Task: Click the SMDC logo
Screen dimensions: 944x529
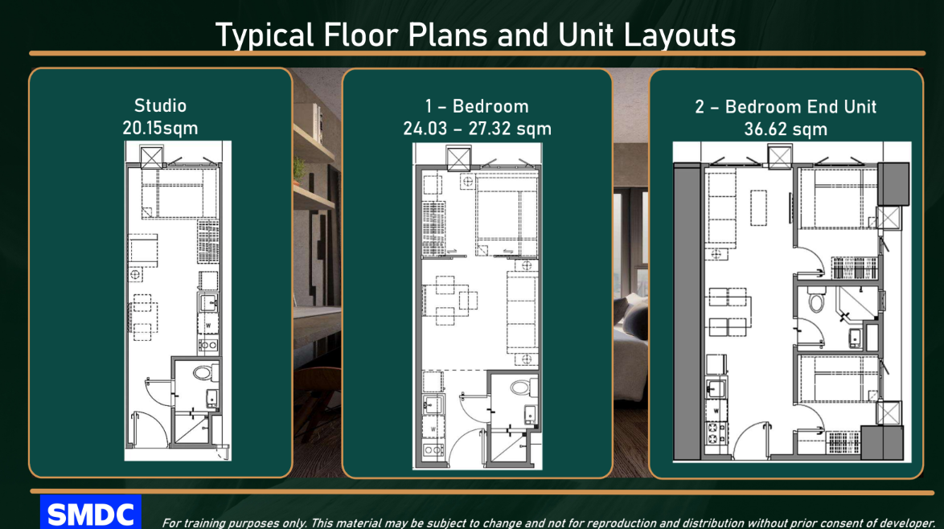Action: [x=91, y=512]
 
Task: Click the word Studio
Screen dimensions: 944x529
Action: [x=160, y=106]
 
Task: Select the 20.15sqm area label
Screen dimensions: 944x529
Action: [x=160, y=128]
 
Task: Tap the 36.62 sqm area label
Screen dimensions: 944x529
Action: [x=786, y=129]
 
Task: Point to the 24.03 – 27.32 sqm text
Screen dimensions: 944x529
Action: [x=478, y=129]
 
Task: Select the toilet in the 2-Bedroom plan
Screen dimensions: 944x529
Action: [x=816, y=299]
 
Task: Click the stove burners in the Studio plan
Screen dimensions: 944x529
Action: [x=207, y=345]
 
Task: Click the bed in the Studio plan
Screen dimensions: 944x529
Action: [x=179, y=193]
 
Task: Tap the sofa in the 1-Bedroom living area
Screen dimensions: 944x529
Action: [x=521, y=312]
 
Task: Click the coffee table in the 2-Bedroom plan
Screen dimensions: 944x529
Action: [x=758, y=208]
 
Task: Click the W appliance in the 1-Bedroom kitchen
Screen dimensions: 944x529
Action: [x=433, y=429]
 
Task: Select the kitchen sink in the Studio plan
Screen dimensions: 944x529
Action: [x=208, y=303]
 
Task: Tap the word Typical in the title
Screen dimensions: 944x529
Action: [x=265, y=35]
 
